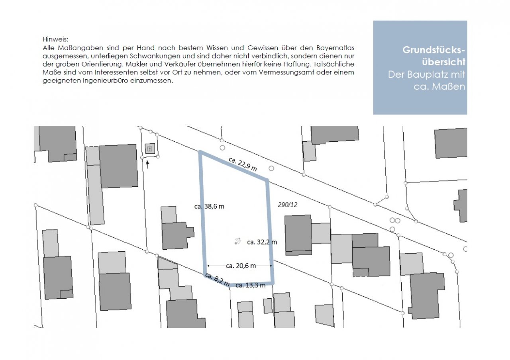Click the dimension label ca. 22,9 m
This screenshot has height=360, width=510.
(243, 164)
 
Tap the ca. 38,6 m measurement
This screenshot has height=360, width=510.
(209, 206)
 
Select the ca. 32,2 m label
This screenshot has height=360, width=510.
(262, 242)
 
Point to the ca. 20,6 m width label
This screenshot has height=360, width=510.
(241, 266)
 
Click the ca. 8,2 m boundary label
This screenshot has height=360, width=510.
(217, 279)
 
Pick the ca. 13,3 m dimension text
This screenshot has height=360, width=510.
(251, 286)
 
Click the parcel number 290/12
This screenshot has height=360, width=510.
(288, 205)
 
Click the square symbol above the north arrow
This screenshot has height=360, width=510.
(150, 149)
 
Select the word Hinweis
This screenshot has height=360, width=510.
(55, 39)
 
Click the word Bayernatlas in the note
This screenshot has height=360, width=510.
(335, 48)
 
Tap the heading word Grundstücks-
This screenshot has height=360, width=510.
(434, 50)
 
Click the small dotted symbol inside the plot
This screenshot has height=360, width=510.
(237, 241)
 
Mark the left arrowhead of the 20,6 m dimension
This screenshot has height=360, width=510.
(208, 266)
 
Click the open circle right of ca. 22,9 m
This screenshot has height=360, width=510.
(271, 168)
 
